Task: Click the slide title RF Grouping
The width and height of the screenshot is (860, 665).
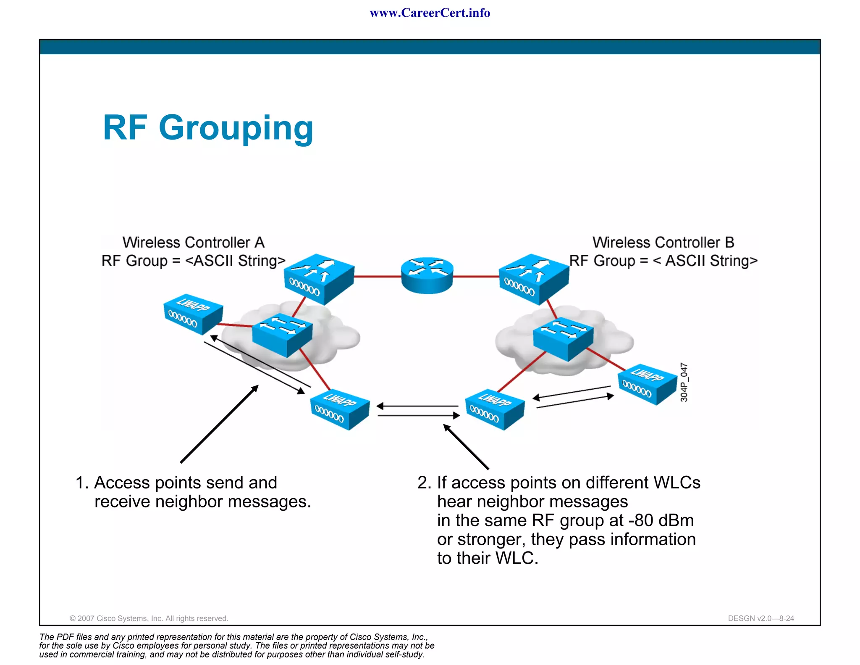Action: click(208, 128)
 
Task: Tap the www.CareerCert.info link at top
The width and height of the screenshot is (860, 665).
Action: click(430, 13)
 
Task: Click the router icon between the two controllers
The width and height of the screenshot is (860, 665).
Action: click(427, 276)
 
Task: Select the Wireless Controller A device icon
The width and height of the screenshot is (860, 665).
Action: click(319, 279)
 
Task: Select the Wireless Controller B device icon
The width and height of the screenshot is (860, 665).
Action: click(534, 279)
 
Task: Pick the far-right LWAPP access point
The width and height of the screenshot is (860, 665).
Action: click(647, 384)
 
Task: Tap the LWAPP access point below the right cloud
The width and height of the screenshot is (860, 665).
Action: click(495, 409)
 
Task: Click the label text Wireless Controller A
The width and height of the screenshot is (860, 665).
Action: click(194, 243)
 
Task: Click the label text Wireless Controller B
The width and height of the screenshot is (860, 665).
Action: click(663, 243)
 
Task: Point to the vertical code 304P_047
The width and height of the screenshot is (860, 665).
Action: click(684, 382)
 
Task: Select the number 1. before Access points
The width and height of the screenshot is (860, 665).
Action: click(82, 483)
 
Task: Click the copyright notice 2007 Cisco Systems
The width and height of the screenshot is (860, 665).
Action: click(149, 618)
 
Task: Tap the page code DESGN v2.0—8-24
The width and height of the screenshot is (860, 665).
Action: click(761, 618)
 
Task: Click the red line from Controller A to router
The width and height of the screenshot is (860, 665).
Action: click(377, 277)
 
